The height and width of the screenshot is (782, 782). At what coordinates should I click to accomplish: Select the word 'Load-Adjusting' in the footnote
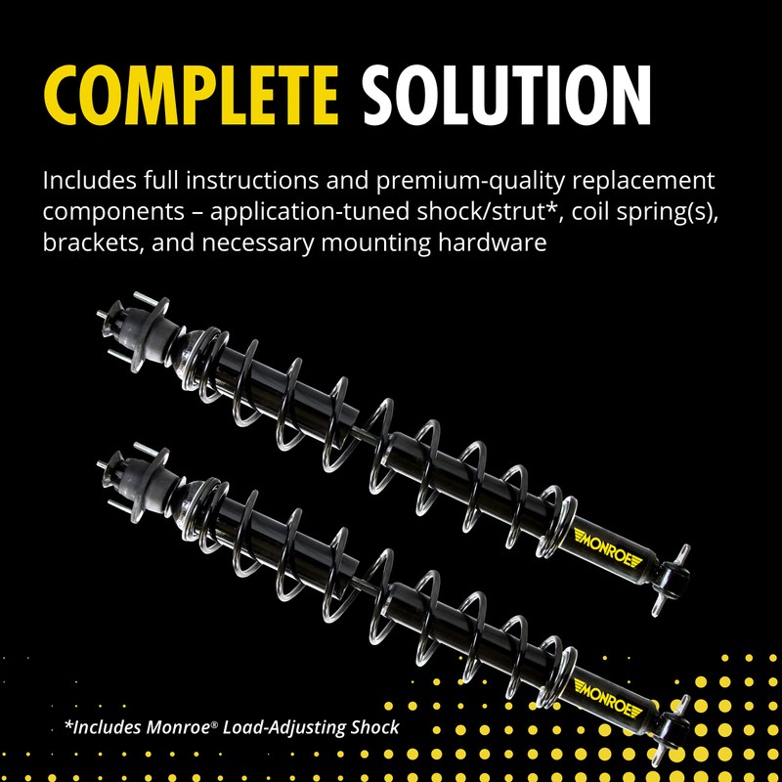[277, 728]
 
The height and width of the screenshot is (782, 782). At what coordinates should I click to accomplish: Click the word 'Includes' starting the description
[87, 182]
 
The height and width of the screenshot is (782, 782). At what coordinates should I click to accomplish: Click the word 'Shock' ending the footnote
[371, 728]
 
